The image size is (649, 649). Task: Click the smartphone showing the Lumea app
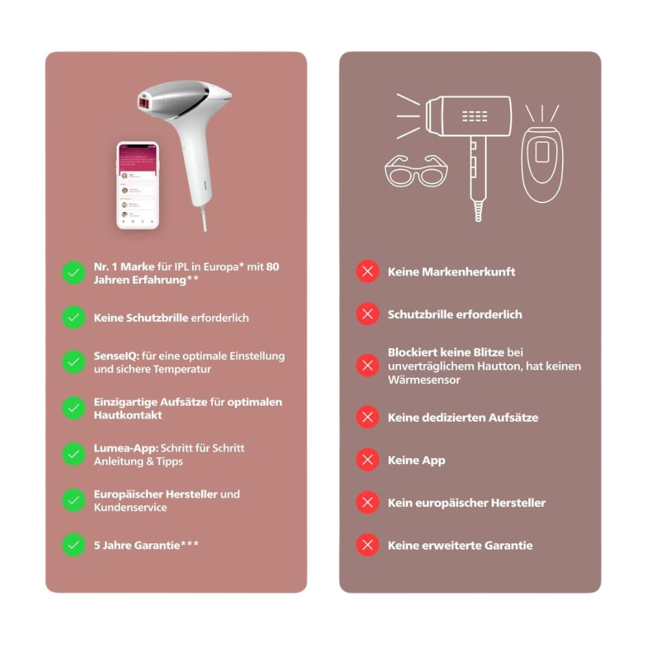coord(137,186)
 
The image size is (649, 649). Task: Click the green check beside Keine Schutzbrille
coord(73,317)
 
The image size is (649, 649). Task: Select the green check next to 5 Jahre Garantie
coord(73,545)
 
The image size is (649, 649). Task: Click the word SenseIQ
coord(114,356)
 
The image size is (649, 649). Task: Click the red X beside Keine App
coord(367,460)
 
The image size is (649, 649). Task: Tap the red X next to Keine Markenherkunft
coord(367,271)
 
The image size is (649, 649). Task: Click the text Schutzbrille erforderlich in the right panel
coord(455,314)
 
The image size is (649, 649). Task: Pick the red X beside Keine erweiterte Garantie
coord(367,545)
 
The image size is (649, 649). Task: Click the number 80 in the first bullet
coord(273,266)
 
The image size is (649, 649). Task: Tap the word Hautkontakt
coord(128,415)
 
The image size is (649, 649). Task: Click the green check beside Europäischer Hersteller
coord(73,500)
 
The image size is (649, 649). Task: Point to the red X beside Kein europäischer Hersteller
coord(367,502)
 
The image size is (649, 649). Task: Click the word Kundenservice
coord(130,508)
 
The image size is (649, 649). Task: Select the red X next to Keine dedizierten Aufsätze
coord(367,417)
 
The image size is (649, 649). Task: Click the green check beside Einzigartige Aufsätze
coord(73,408)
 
